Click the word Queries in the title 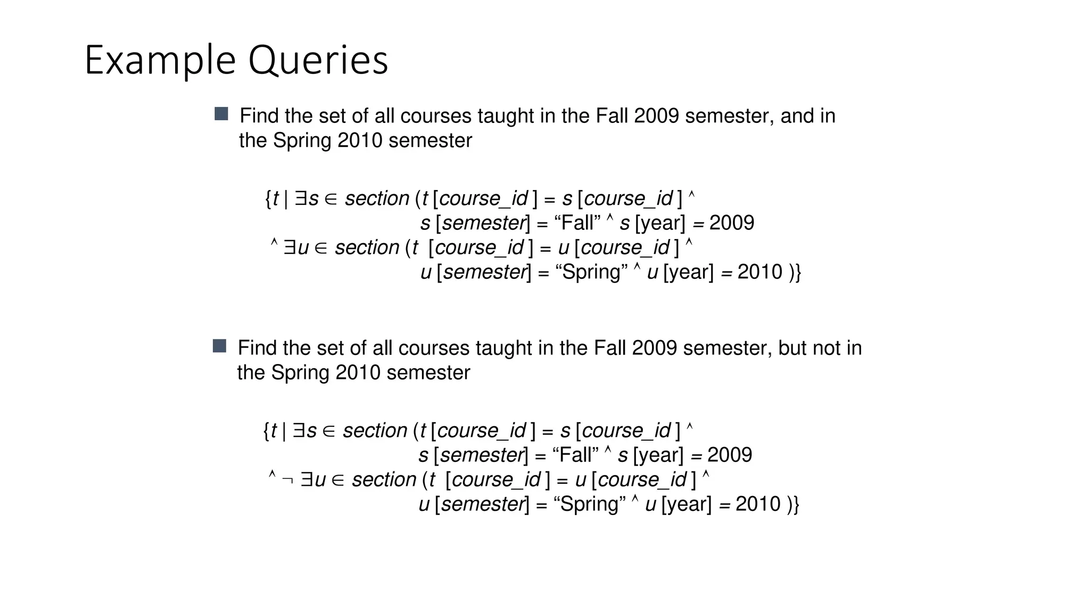[x=318, y=61]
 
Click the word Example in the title [x=160, y=61]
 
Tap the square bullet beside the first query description [x=221, y=114]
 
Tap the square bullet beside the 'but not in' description [x=219, y=346]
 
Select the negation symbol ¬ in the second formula [x=287, y=481]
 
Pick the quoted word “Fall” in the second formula [x=575, y=455]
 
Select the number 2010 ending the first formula [x=760, y=272]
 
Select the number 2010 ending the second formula [x=758, y=504]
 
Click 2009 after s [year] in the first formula [x=732, y=223]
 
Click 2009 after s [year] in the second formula [x=730, y=455]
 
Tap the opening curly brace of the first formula [x=268, y=199]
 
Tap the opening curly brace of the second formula [x=266, y=431]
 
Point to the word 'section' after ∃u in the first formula [x=367, y=247]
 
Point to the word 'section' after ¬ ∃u [x=384, y=479]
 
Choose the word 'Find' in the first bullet [x=259, y=116]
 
